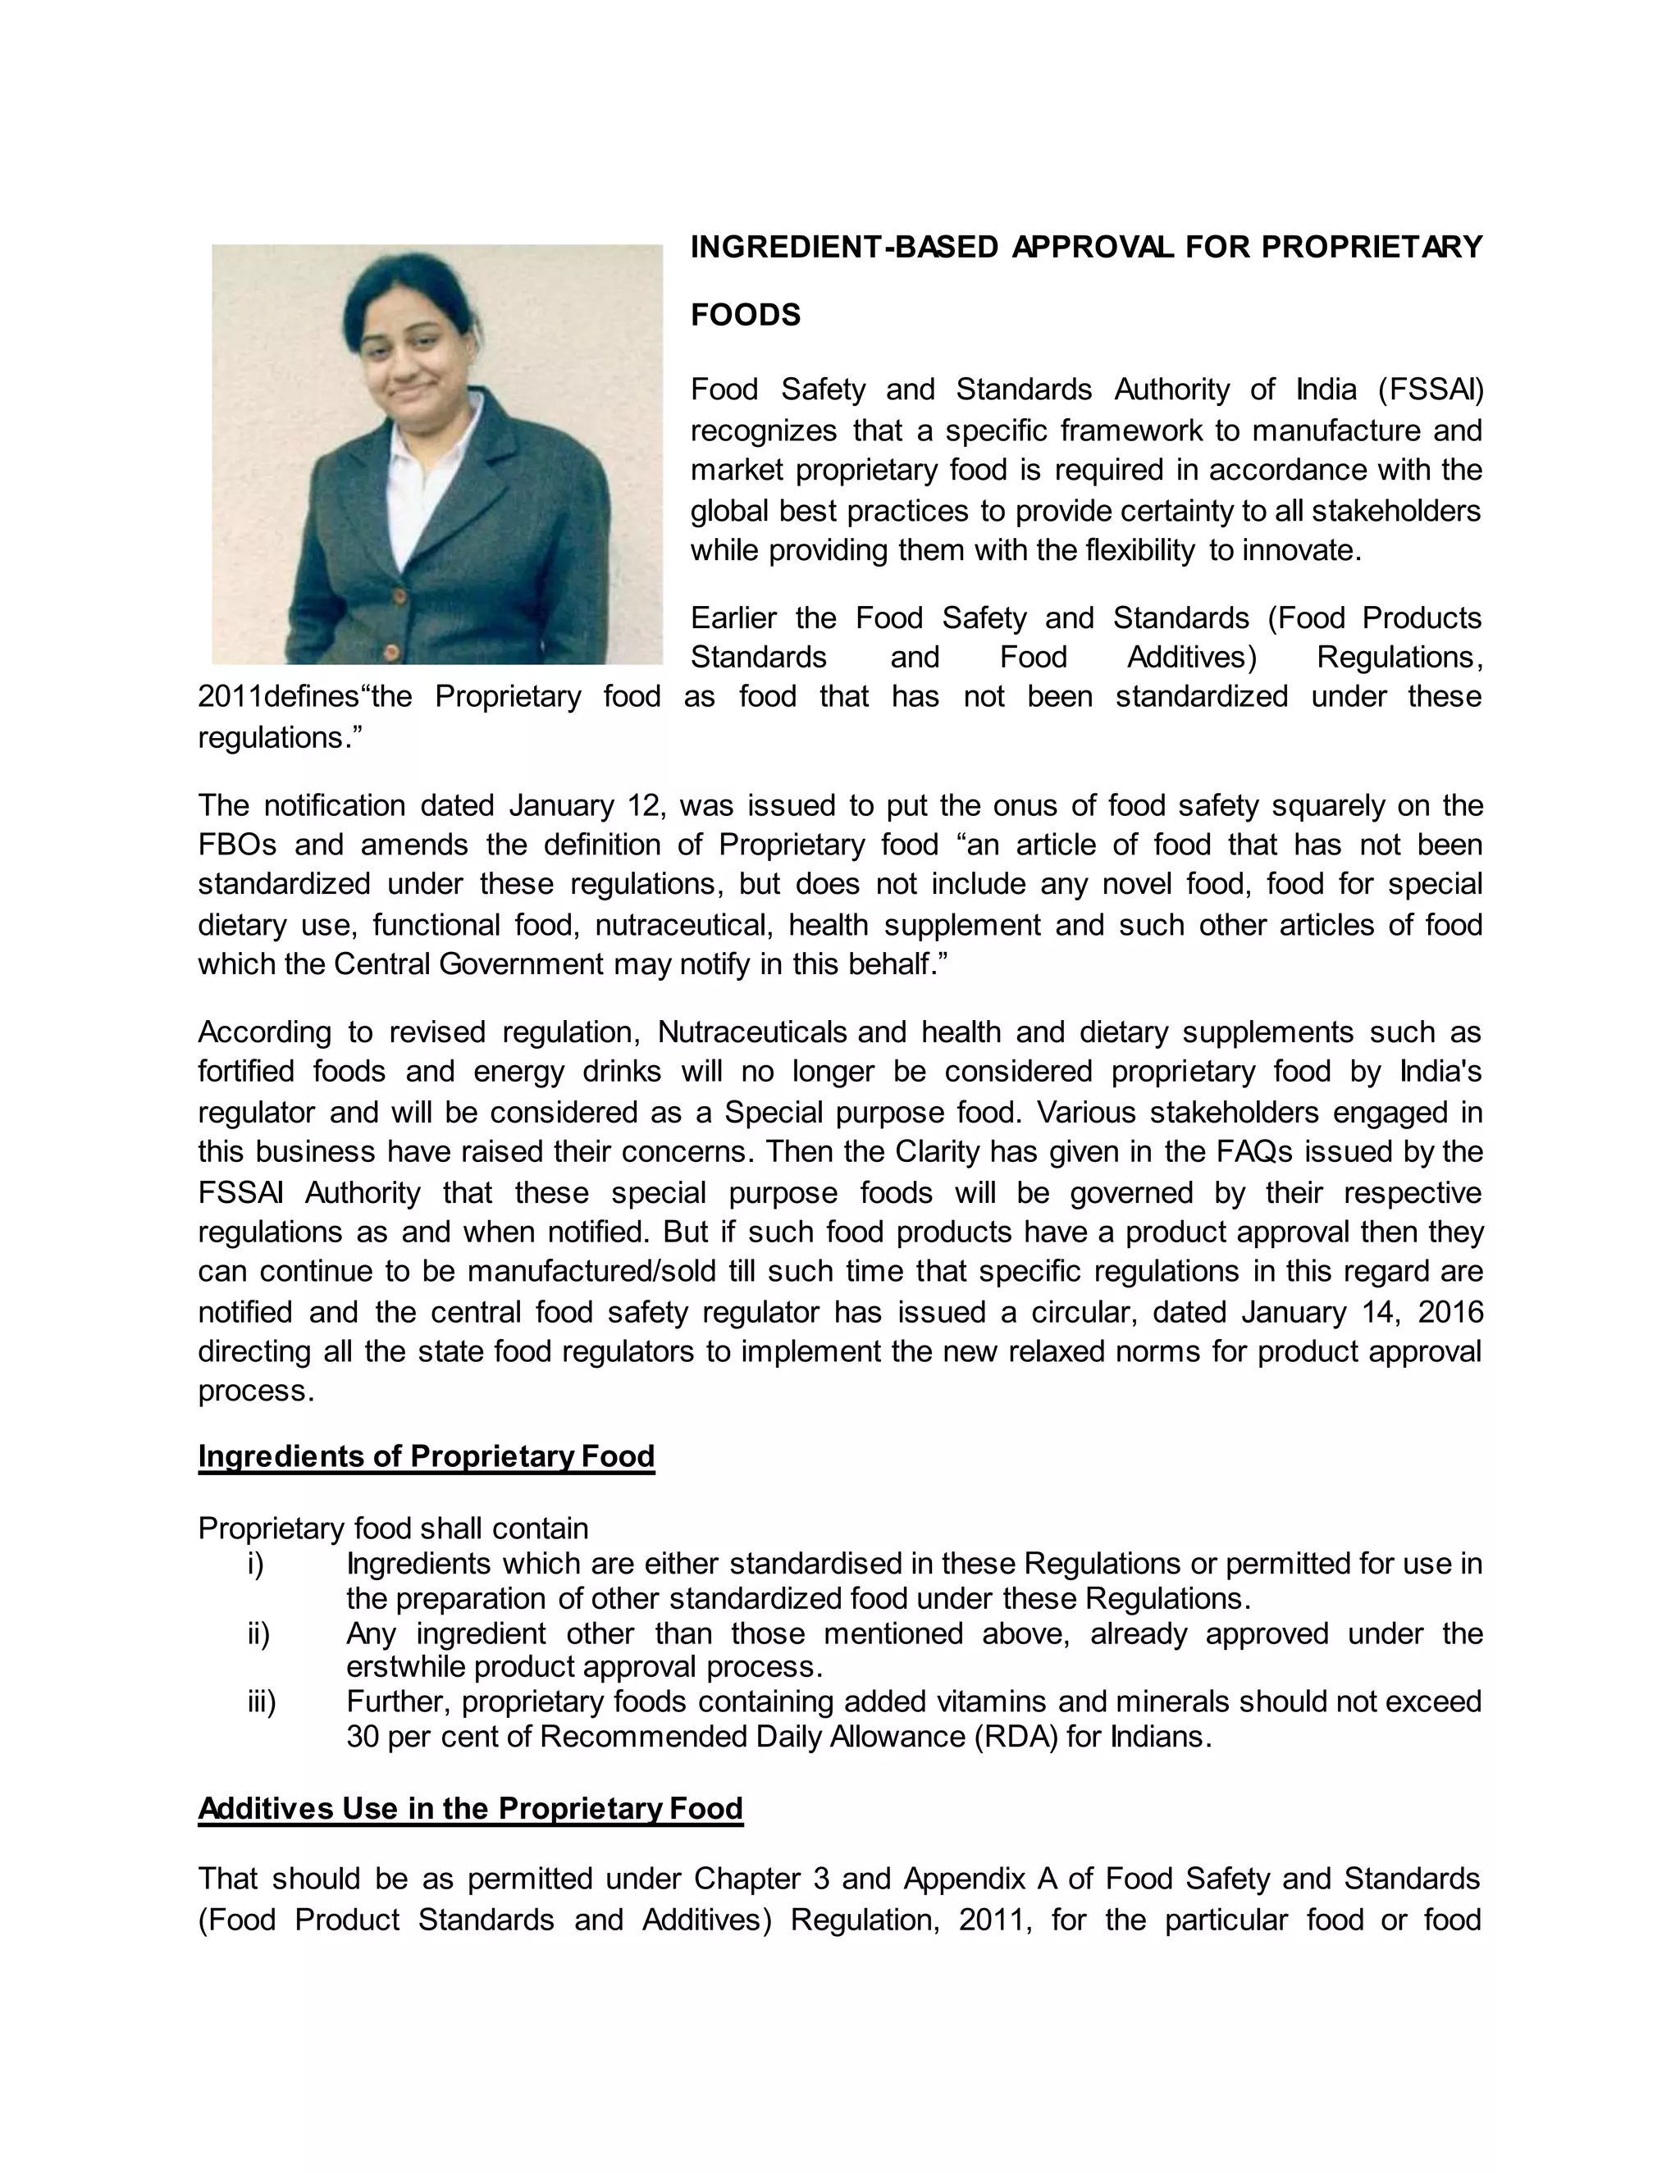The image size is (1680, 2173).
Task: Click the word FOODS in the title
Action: [746, 316]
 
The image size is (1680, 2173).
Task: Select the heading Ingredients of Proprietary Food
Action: [426, 1456]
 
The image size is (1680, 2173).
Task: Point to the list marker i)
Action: [256, 1564]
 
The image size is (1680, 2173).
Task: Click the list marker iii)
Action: [261, 1702]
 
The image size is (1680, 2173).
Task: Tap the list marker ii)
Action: [258, 1633]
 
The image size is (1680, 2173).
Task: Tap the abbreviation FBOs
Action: [237, 845]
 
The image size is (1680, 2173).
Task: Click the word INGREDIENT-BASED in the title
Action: [844, 247]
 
